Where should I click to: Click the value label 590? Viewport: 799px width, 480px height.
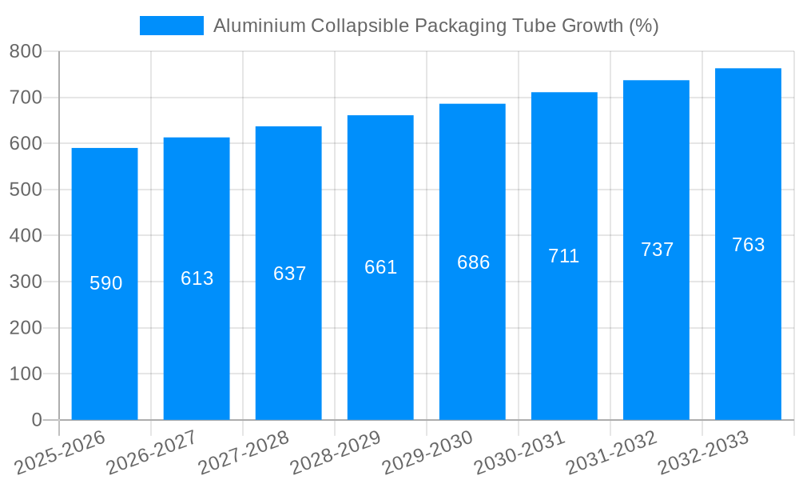(105, 283)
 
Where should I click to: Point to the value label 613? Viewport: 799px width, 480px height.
(197, 278)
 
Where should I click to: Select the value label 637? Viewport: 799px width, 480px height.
(289, 274)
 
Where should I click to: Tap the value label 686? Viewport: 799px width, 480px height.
(473, 262)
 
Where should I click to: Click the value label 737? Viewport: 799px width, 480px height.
(657, 250)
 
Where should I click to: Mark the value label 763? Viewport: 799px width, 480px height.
(748, 245)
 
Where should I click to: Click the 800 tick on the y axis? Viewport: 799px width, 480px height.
(26, 52)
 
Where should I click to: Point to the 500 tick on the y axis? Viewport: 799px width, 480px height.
(26, 190)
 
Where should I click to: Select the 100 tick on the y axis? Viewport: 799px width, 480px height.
(26, 374)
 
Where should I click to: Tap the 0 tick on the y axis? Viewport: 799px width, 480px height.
(36, 420)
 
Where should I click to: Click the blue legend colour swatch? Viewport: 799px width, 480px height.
(171, 26)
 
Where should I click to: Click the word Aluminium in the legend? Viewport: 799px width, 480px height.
(259, 26)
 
